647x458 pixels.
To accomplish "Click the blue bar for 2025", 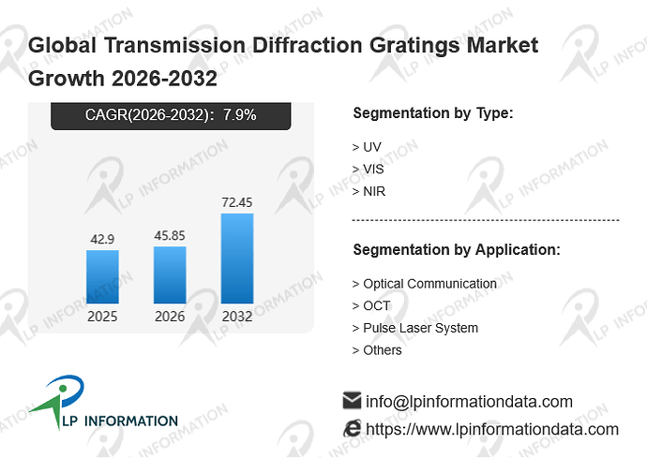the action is point(102,276).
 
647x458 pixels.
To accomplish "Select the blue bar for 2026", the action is point(170,275).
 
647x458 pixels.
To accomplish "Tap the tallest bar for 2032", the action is point(237,259).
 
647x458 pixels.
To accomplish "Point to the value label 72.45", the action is point(237,202).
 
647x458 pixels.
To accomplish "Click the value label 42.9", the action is point(102,239).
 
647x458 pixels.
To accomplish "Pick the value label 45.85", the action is point(170,235).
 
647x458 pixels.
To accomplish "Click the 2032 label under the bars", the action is point(237,317).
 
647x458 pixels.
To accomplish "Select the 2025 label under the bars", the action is point(102,317).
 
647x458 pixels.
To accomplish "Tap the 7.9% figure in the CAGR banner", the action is point(240,114).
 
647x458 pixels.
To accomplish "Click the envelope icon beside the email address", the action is point(352,400).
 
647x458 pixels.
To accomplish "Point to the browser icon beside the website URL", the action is point(352,428).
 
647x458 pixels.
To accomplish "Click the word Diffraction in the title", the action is point(308,45).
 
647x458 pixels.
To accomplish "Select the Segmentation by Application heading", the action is point(457,250).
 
